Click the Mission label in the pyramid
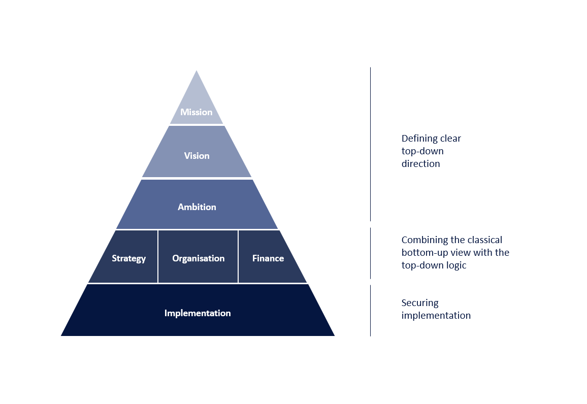196,112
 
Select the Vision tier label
197,156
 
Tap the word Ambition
197,207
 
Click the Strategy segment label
128,258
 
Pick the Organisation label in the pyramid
198,258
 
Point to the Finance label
268,258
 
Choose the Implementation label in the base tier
197,313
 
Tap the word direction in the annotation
420,164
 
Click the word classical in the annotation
482,240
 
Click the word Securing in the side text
419,303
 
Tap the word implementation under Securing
436,316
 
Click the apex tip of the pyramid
197,72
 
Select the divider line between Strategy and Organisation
158,256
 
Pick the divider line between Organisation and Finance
238,256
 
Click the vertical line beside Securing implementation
370,310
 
